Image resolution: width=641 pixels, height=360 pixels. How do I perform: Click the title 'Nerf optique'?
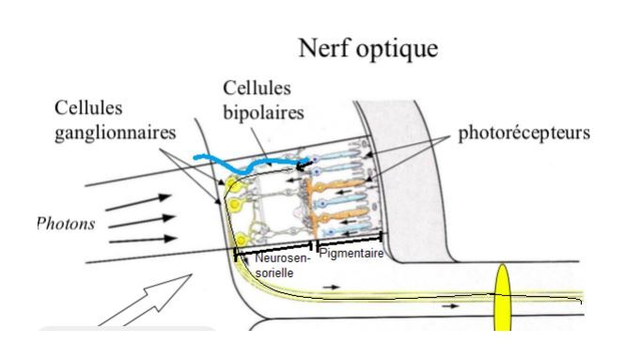coord(367,50)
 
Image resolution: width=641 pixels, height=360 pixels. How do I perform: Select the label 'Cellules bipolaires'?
coord(257,101)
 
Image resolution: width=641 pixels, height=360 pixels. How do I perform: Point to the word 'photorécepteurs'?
coord(524,133)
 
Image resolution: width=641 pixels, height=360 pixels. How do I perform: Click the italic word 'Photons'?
coord(65,226)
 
